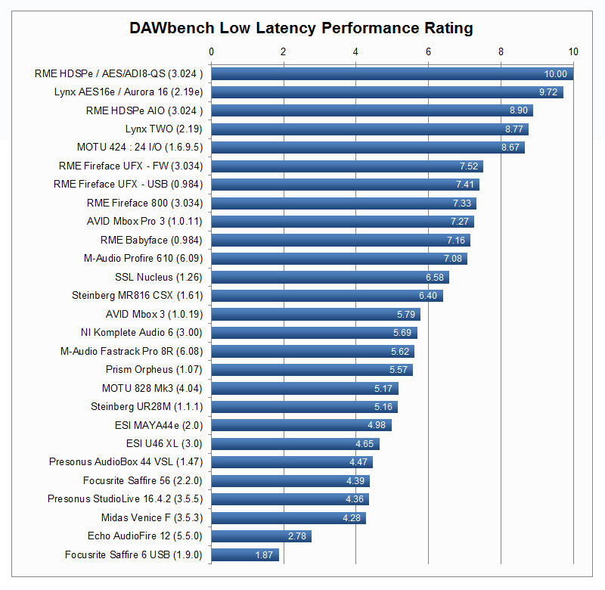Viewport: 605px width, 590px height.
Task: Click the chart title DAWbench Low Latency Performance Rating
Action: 301,28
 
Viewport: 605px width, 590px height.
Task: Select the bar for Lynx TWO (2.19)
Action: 369,129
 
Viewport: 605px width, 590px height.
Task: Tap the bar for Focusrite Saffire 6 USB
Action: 244,555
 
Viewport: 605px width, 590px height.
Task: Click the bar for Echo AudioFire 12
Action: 261,536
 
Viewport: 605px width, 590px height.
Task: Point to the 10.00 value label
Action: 555,74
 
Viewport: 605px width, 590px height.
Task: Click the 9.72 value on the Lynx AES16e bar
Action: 549,92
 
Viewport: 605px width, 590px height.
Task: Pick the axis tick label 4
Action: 355,51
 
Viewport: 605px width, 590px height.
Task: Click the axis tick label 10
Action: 573,51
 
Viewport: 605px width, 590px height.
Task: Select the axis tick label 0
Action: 211,51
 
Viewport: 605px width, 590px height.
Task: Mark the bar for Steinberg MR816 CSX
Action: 327,296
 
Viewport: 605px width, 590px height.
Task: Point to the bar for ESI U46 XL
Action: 295,444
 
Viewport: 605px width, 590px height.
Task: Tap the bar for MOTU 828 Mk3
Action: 304,389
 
